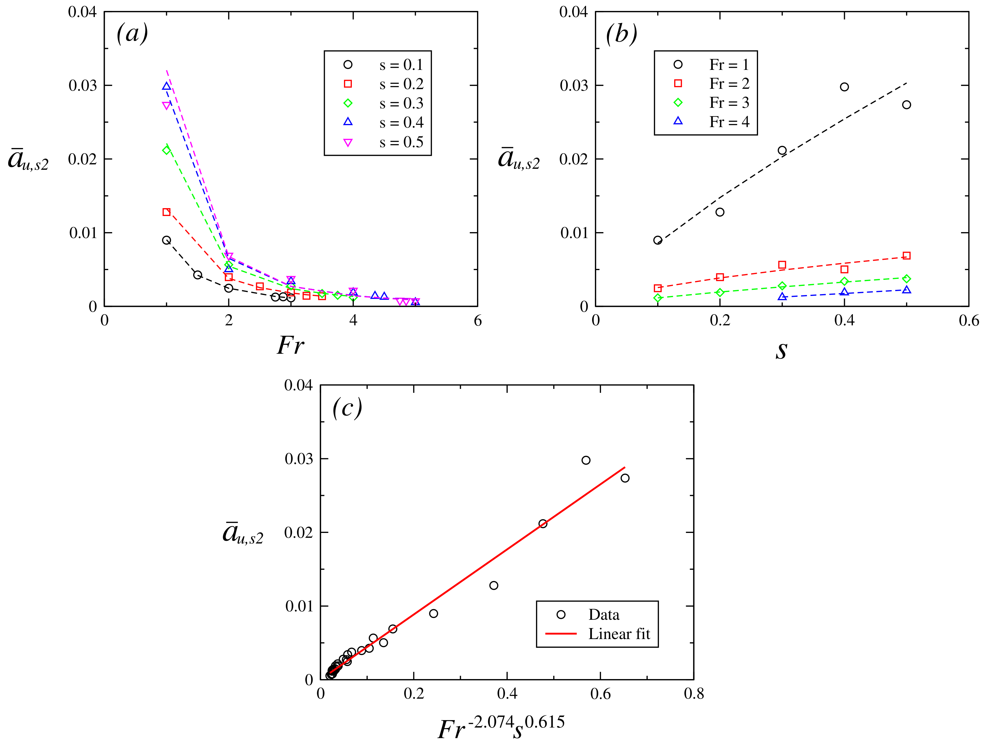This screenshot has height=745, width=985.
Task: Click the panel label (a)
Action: click(x=132, y=33)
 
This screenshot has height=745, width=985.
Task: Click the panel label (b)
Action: click(x=622, y=33)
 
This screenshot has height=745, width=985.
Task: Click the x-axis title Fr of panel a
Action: click(x=291, y=345)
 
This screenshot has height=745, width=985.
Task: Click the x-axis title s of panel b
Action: click(x=781, y=350)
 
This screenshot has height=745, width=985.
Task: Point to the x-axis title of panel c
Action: click(x=501, y=728)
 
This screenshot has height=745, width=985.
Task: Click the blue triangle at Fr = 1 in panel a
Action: click(x=166, y=86)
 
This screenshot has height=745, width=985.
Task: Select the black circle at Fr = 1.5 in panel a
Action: click(x=198, y=275)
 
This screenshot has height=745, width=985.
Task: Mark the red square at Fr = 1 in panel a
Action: click(x=166, y=212)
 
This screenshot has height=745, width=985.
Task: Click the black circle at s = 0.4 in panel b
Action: click(x=844, y=87)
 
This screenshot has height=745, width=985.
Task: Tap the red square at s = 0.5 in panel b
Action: click(x=907, y=256)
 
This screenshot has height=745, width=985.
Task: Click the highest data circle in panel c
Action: click(x=586, y=460)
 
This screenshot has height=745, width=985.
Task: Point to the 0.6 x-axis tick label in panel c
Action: click(x=600, y=694)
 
